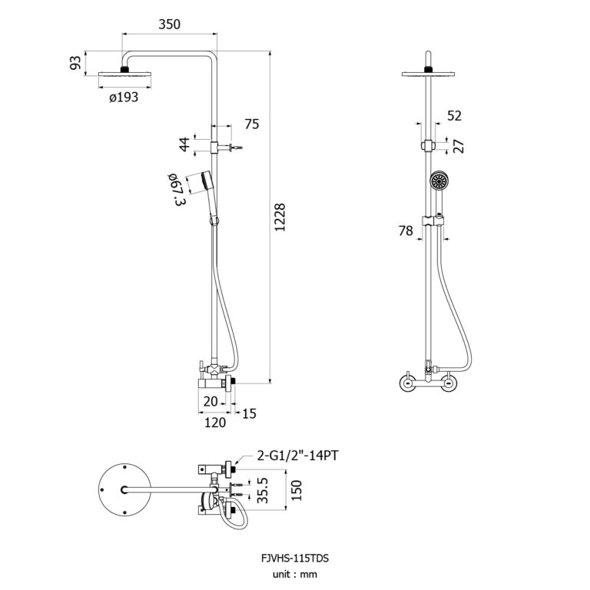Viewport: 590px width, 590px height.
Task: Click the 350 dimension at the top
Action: coord(169,24)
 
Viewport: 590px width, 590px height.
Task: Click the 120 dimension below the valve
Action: coord(214,422)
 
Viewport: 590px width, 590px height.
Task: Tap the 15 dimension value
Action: coord(249,414)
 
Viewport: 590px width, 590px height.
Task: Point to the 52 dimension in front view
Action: coord(454,116)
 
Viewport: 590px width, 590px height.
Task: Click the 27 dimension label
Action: coord(459,145)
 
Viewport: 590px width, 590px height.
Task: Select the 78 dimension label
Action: coord(407,230)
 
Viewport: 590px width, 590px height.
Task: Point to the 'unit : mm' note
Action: coord(295,574)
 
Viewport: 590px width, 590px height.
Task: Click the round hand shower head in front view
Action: coord(439,182)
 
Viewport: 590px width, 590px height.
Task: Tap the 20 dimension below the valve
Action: coord(209,400)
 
